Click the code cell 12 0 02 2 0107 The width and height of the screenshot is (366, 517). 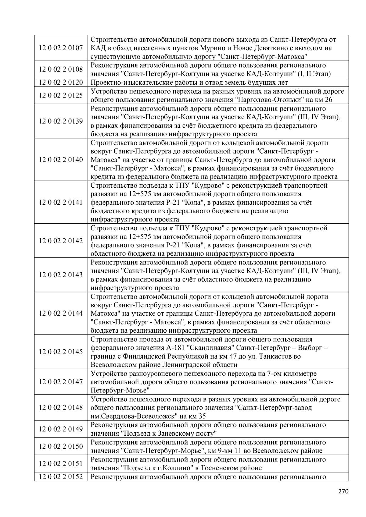coord(61,48)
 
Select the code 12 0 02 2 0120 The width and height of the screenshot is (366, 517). coord(61,83)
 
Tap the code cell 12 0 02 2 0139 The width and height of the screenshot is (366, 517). coord(61,121)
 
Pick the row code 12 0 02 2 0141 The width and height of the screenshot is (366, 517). coord(61,203)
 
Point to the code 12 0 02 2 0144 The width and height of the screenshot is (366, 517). coord(61,313)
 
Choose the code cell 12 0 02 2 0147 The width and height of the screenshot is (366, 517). coord(61,382)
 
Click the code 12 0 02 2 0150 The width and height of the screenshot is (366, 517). coord(61,446)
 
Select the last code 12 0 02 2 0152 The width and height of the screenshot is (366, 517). coord(61,476)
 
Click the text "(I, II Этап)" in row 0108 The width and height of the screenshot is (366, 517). coord(316,74)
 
